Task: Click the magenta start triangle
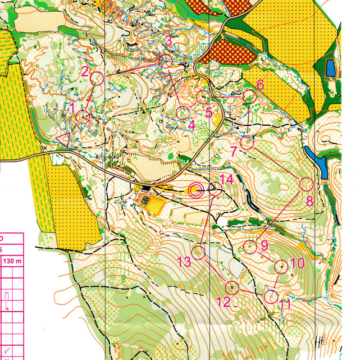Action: (63, 139)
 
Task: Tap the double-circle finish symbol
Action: (195, 190)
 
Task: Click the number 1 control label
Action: (71, 106)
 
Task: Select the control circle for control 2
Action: (97, 79)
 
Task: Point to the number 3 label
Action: (168, 40)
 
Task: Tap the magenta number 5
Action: (208, 113)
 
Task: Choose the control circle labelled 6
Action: (249, 97)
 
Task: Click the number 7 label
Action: (234, 151)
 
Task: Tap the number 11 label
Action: (285, 305)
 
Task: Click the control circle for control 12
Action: (232, 288)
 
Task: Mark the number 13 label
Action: (184, 261)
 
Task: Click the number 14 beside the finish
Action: (226, 179)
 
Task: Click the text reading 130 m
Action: (12, 261)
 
